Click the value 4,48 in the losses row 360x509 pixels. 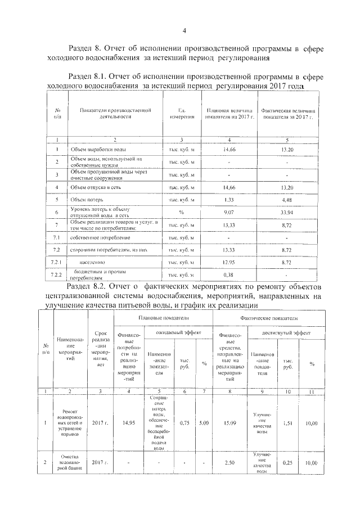coord(287,199)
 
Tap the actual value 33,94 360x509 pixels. coord(287,212)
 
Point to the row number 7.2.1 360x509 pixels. coord(56,263)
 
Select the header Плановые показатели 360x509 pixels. coord(163,318)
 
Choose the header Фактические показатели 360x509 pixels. coord(265,318)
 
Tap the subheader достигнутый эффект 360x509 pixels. coord(286,334)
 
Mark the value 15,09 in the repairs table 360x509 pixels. coord(228,422)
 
